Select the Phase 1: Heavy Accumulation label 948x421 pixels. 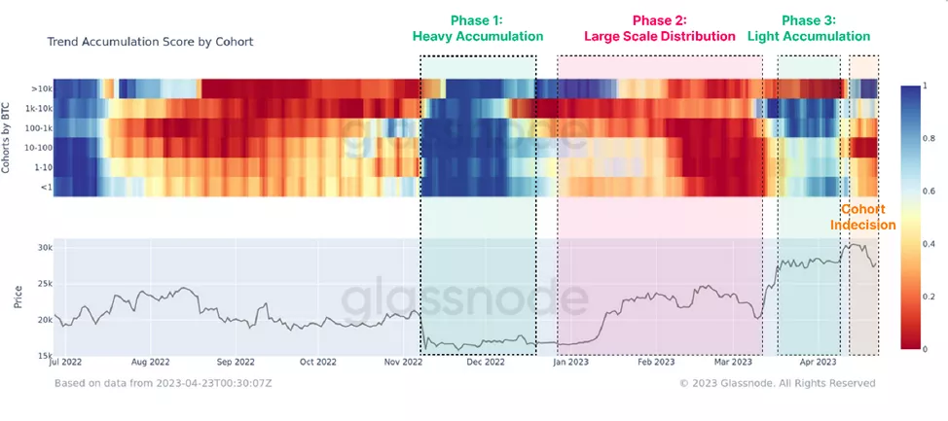pos(477,28)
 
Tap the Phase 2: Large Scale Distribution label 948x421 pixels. pos(659,28)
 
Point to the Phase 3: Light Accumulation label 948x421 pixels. pos(808,28)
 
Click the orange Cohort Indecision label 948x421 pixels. pos(862,217)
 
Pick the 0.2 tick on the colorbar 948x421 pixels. pos(926,296)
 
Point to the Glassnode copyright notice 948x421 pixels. pos(777,383)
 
